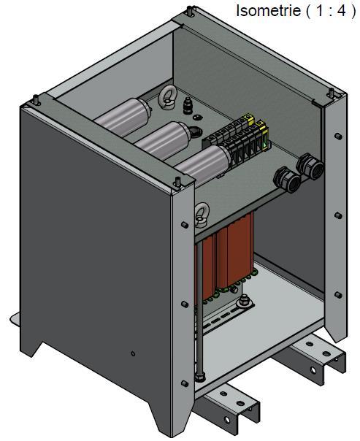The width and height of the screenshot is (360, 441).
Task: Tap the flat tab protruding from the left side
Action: click(16, 320)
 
